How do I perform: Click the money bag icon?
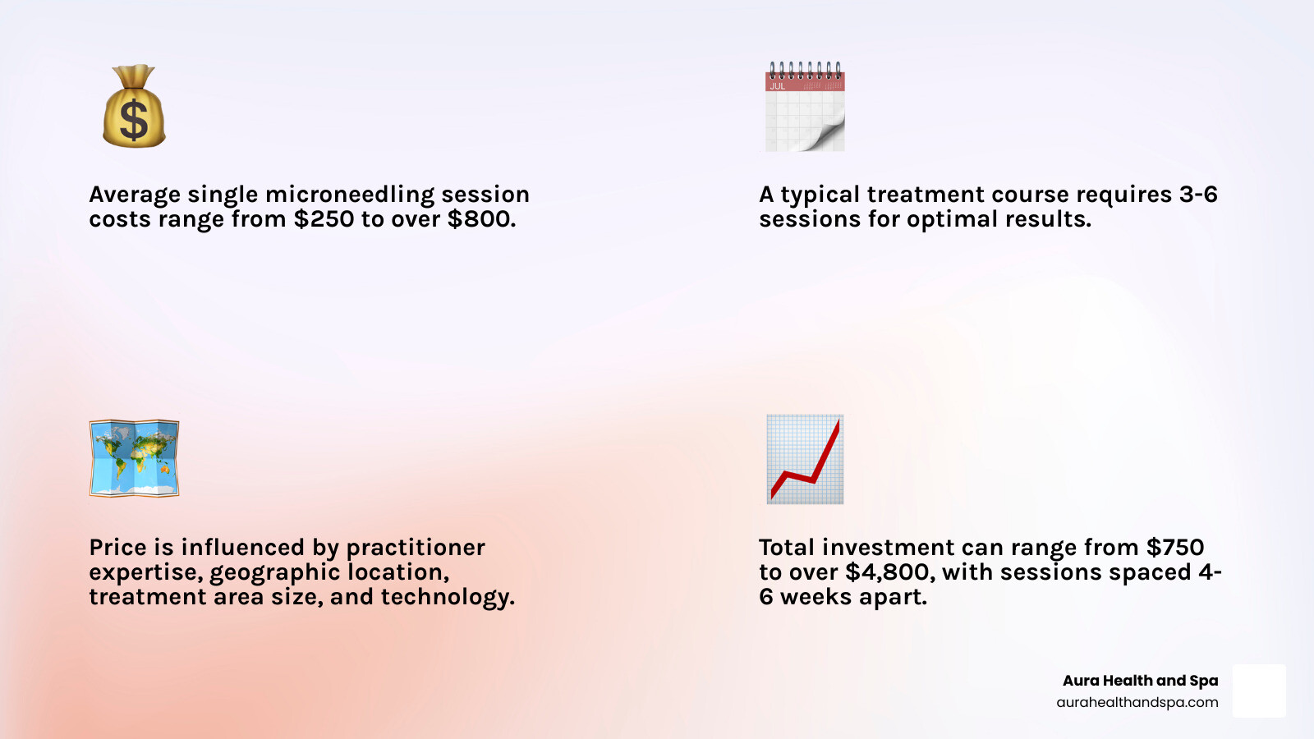click(x=134, y=107)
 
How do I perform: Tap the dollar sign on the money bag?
click(x=134, y=120)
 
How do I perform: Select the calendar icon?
click(x=805, y=107)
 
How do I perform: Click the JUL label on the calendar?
click(x=777, y=86)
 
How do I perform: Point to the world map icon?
click(x=134, y=458)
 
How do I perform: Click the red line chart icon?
click(x=805, y=459)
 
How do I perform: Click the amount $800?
click(x=481, y=219)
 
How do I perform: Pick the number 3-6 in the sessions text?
click(x=1198, y=195)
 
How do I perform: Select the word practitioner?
click(x=416, y=548)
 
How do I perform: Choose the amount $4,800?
click(x=889, y=572)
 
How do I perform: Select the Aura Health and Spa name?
click(x=1140, y=681)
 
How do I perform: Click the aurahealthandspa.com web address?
click(x=1137, y=703)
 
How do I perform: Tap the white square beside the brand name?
click(x=1259, y=691)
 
